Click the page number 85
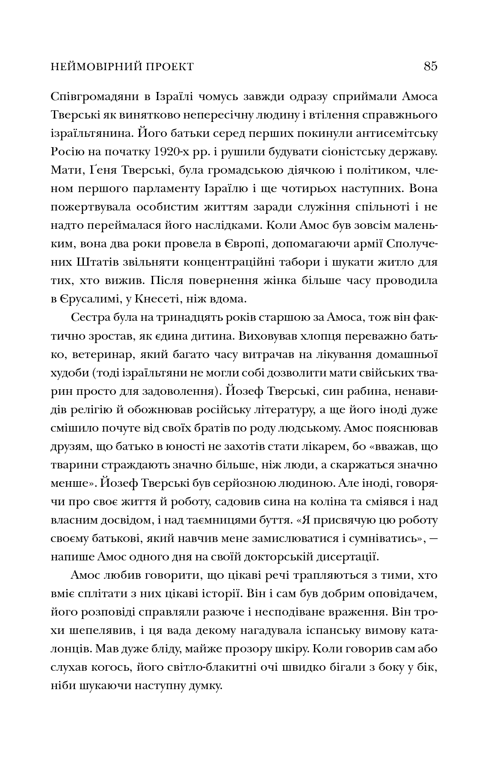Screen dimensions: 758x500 [431, 67]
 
